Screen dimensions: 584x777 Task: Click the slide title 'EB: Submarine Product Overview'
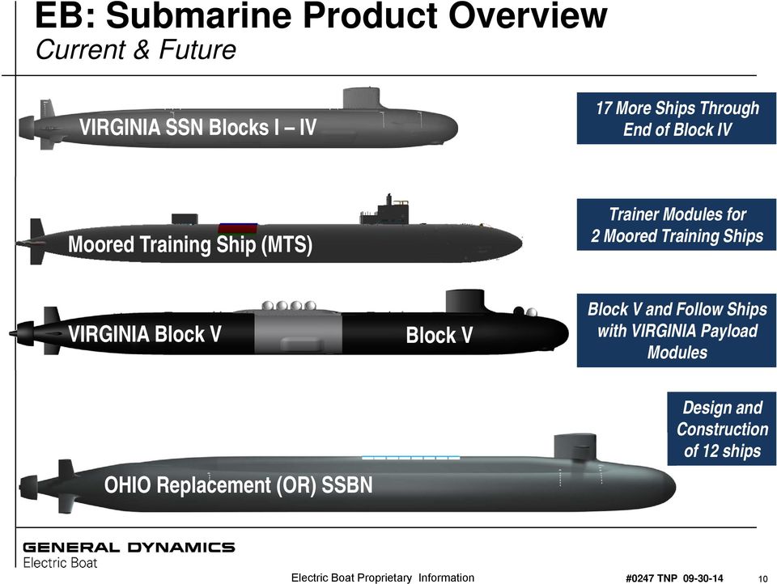coord(322,18)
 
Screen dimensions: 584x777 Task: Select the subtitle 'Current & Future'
coord(136,50)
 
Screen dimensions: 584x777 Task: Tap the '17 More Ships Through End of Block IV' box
coord(677,119)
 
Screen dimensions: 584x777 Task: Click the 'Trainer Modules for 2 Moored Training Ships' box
coord(677,226)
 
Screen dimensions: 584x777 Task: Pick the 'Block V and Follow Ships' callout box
coord(677,331)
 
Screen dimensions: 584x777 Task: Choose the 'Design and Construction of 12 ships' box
coord(722,429)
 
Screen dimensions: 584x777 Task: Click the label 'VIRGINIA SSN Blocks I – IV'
coord(197,128)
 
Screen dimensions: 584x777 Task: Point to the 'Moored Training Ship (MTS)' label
coord(190,244)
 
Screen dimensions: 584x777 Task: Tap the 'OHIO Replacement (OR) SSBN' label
coord(239,485)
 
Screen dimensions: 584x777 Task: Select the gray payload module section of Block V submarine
coord(298,333)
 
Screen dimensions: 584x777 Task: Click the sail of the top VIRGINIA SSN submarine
coord(363,99)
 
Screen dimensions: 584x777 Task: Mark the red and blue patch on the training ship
coord(237,228)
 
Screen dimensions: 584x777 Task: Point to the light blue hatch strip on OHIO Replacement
coord(410,459)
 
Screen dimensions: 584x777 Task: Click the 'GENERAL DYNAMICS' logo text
coord(129,548)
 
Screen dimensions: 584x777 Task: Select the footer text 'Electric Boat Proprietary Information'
coord(382,578)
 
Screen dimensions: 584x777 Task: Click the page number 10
coord(762,578)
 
